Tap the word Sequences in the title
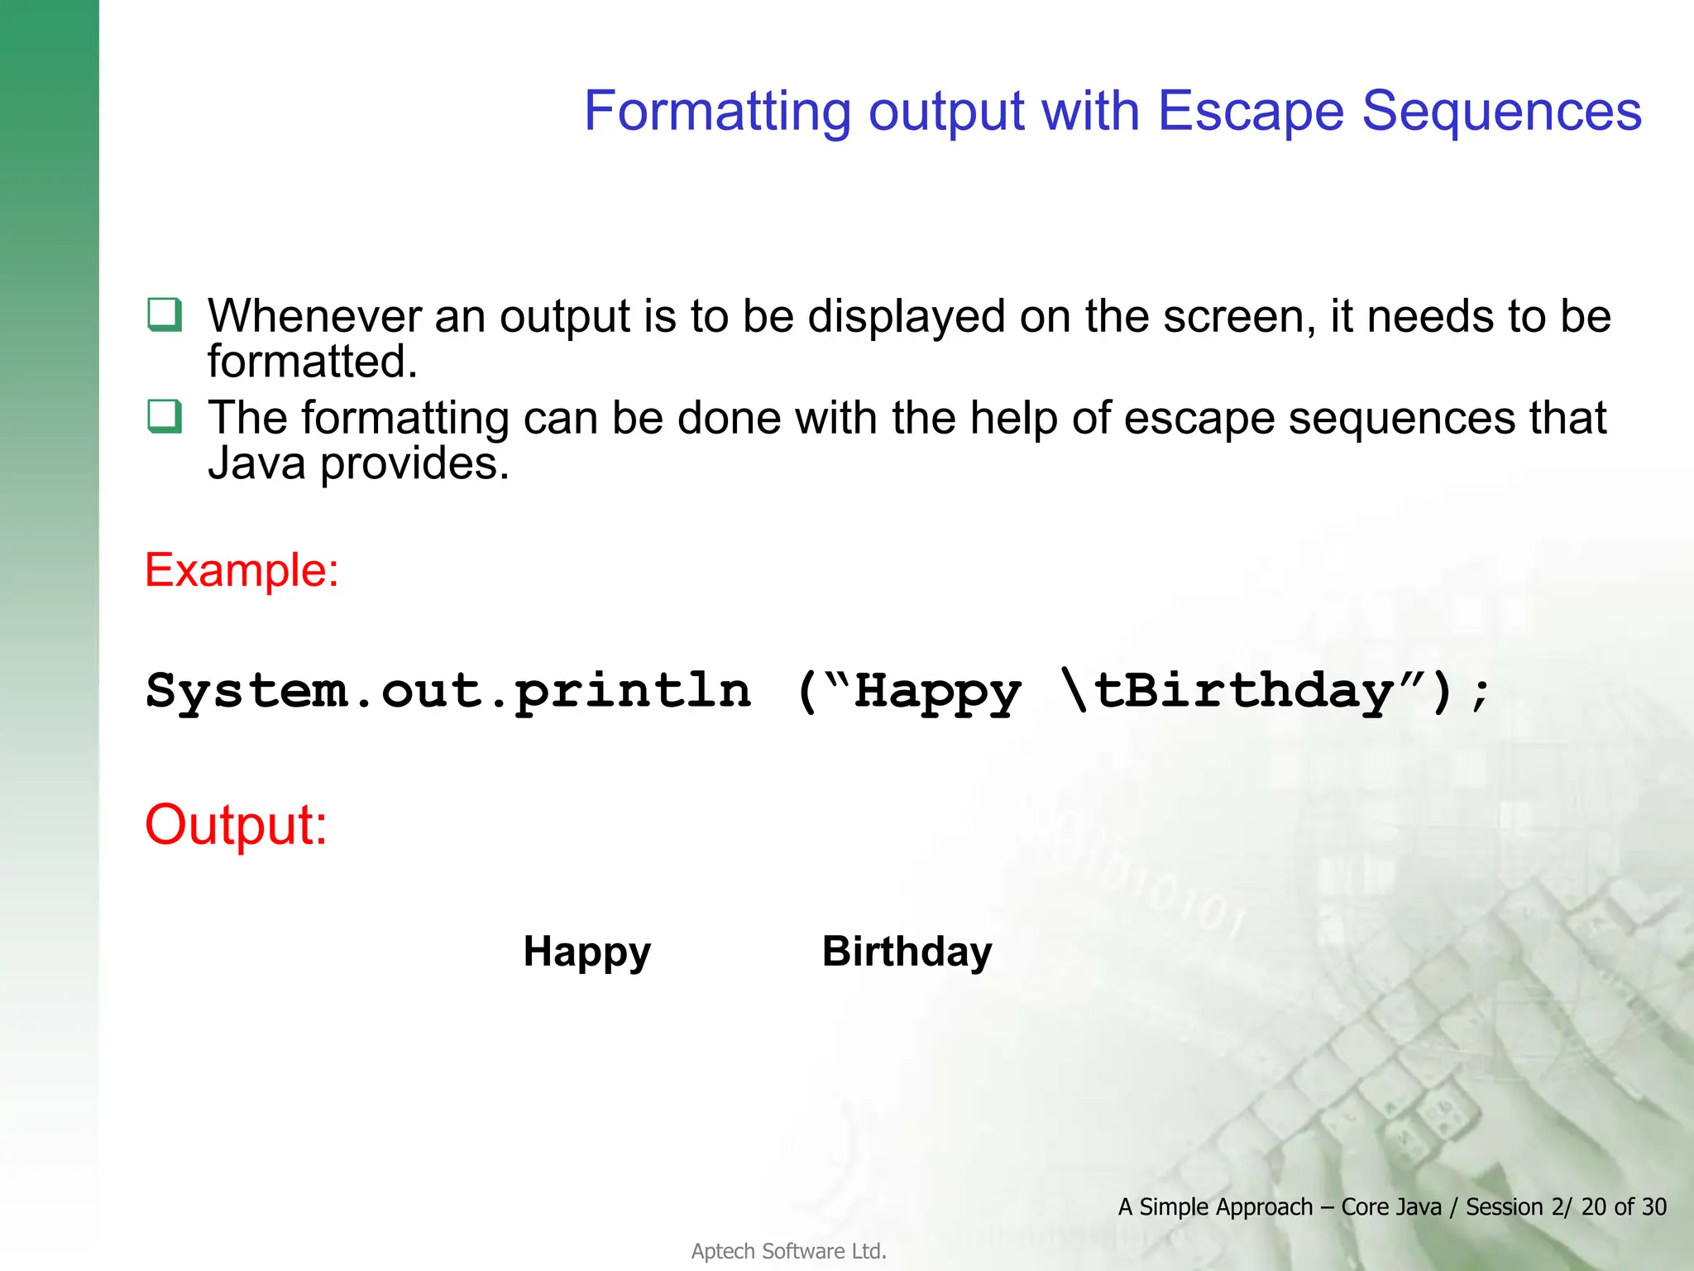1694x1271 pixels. tap(1501, 111)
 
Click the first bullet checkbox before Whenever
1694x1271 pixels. tap(164, 315)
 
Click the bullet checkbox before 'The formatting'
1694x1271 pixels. tap(164, 416)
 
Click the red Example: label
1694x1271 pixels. tap(242, 570)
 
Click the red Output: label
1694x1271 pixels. tap(236, 825)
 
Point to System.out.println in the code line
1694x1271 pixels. tap(447, 691)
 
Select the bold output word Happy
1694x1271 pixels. tap(586, 952)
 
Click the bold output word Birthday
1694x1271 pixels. tap(907, 952)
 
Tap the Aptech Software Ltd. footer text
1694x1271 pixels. tap(788, 1251)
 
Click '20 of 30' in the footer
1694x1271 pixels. tap(1623, 1206)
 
